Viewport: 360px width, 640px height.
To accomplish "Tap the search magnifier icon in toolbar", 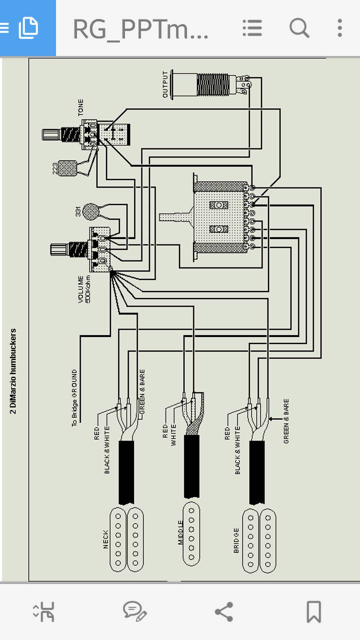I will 299,28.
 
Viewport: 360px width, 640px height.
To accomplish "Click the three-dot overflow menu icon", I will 340,28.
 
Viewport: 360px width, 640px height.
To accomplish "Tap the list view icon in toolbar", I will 252,28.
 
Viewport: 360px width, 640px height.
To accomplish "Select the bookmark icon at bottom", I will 313,611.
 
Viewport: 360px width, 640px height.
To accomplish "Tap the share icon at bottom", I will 223,611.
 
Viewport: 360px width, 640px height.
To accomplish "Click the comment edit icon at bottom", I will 134,611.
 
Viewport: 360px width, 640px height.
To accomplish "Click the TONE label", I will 81,107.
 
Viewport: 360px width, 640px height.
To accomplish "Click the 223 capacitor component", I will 66,168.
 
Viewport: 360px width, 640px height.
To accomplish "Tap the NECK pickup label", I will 105,539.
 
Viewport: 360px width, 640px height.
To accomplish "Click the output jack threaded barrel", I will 215,84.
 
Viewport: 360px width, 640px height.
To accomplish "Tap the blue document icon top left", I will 28,28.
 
